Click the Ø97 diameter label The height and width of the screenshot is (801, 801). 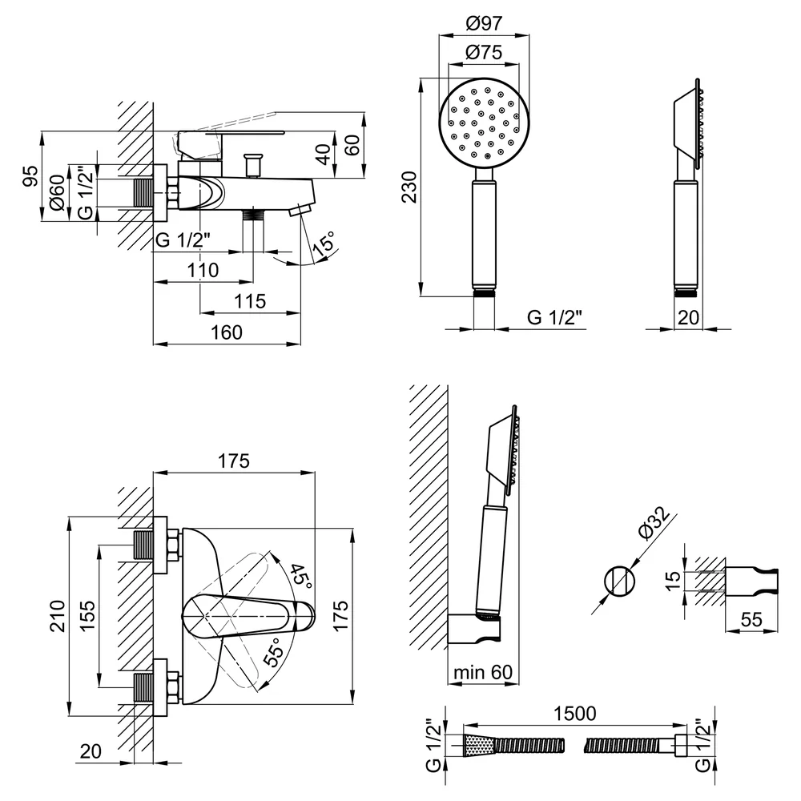[484, 23]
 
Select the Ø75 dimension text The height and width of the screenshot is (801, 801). [484, 52]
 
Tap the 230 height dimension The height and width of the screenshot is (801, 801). [409, 187]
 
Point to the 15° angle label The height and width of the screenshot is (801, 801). [325, 243]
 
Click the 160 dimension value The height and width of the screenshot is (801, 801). [227, 332]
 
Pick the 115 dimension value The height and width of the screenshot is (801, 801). [250, 301]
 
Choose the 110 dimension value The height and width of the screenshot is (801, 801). [203, 270]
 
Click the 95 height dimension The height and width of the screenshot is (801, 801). [31, 175]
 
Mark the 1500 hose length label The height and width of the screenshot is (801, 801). [574, 713]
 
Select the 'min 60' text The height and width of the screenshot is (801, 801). [483, 672]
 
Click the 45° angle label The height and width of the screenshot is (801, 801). [300, 577]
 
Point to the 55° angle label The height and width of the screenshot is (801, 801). [274, 652]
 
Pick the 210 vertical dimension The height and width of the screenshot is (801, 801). [58, 616]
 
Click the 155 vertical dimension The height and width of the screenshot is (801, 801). [87, 616]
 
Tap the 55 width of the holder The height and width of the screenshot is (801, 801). [751, 620]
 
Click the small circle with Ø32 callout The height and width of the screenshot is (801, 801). [620, 582]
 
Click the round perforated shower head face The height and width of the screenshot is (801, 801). [485, 123]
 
